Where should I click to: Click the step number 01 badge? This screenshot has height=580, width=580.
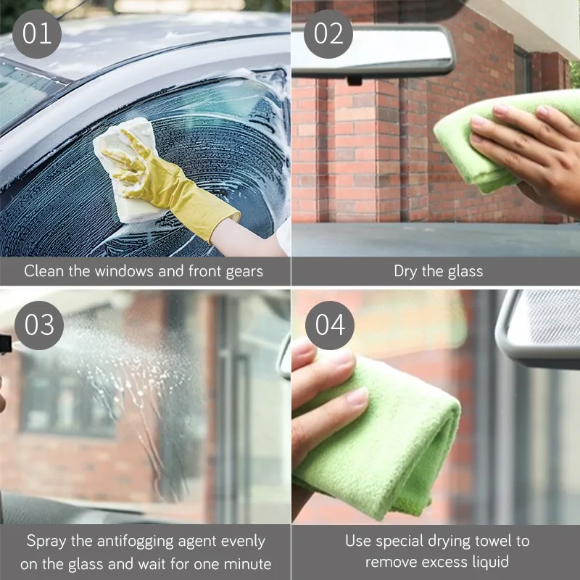click(x=37, y=34)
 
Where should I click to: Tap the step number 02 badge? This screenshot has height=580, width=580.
click(x=328, y=34)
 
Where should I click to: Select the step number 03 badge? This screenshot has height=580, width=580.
click(x=39, y=325)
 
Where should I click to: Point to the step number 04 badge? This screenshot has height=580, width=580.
click(x=330, y=325)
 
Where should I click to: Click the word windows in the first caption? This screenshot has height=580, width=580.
click(x=125, y=271)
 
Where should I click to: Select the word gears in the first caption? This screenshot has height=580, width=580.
click(x=244, y=272)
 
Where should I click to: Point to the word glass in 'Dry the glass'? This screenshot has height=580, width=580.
click(x=465, y=272)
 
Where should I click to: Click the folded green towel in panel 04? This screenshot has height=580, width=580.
click(x=377, y=436)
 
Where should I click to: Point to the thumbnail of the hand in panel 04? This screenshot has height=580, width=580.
click(x=357, y=396)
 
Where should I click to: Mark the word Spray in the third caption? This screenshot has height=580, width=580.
click(x=46, y=542)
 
